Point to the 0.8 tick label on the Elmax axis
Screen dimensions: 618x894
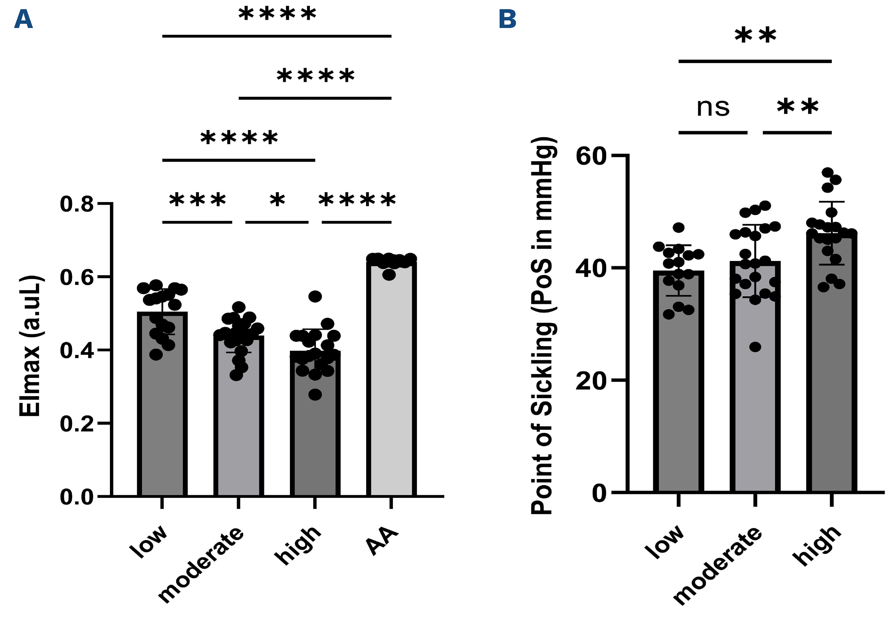coord(77,204)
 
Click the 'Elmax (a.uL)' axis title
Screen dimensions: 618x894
coord(30,346)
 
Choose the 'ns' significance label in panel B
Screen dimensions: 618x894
coord(713,108)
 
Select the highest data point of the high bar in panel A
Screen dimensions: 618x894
coord(315,297)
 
